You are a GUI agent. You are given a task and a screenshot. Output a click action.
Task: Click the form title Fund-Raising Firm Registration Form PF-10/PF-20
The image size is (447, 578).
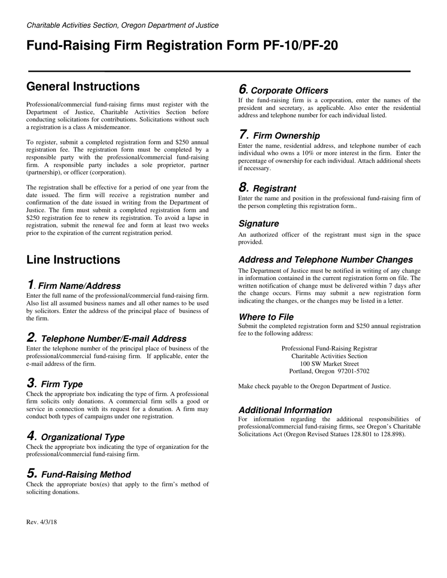coord(182,46)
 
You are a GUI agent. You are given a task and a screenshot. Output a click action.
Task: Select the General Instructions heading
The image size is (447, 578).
coord(83,86)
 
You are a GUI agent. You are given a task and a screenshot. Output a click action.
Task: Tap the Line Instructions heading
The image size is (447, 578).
coord(73,260)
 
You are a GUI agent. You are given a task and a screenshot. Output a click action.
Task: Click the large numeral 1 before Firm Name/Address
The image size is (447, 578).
coord(30,285)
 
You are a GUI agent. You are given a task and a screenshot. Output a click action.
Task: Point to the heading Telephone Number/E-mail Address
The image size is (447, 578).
coord(114,339)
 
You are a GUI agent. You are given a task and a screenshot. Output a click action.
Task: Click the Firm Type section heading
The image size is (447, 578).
coord(62,384)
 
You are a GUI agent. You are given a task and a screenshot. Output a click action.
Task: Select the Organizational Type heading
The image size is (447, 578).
coord(83,437)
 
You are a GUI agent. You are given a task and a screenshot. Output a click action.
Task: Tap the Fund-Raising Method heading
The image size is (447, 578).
coord(86,475)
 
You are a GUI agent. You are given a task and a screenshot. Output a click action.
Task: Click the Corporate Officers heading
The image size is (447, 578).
coord(289,91)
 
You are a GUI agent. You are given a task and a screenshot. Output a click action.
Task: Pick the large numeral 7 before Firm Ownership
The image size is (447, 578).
coord(243,134)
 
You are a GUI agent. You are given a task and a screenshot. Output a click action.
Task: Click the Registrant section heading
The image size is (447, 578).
coord(275,189)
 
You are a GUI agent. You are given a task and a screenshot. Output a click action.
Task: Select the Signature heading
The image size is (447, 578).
coord(258,224)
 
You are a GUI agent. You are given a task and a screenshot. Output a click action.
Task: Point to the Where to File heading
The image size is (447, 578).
coord(266,317)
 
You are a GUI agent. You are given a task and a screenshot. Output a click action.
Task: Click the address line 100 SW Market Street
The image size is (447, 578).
coord(329,364)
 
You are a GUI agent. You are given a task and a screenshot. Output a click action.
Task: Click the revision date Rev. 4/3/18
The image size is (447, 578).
coord(41,522)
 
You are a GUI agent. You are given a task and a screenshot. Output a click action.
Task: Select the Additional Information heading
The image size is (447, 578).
coord(285,410)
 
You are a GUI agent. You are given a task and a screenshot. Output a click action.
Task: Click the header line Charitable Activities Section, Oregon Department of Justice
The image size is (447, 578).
coord(122,25)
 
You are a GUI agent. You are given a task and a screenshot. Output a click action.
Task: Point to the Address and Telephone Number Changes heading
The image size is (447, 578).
coord(326,260)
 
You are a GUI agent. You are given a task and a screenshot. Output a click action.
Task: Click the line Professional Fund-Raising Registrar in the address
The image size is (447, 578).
coord(329,349)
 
